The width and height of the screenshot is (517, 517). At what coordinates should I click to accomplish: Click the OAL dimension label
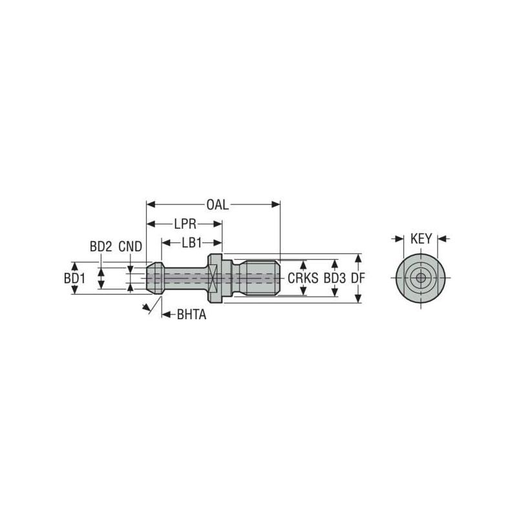click(x=218, y=205)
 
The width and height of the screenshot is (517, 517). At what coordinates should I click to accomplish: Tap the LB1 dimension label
click(x=192, y=243)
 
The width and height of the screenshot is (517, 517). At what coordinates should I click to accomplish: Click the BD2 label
click(x=101, y=247)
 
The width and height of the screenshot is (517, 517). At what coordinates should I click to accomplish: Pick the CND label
click(x=131, y=247)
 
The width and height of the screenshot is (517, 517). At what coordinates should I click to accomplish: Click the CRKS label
click(x=302, y=279)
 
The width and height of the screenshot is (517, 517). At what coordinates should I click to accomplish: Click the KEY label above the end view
click(x=421, y=239)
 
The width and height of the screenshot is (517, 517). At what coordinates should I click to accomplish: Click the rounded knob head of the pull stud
click(x=153, y=279)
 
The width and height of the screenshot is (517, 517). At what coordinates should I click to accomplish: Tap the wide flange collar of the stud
click(x=215, y=279)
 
